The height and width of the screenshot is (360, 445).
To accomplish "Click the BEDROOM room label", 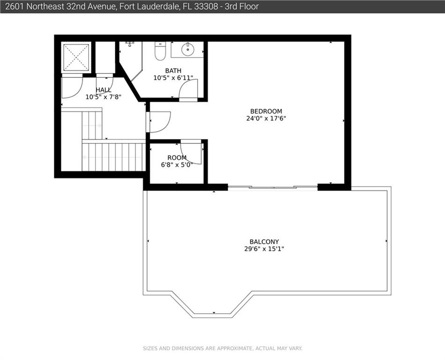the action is coord(266,111).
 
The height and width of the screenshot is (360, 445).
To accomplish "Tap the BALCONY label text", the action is coord(264,242).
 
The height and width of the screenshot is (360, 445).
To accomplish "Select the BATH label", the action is coord(173,71).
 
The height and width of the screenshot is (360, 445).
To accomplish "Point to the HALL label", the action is coord(104,90).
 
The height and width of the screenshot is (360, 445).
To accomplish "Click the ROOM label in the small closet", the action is coord(177,157).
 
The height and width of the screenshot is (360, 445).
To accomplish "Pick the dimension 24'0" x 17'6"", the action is coord(266,119).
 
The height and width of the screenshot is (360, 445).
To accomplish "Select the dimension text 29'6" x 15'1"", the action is coord(264,249).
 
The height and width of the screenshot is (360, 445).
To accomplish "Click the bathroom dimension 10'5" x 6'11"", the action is coord(173,78).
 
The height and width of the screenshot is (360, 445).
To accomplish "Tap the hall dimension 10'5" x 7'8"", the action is coord(104,97).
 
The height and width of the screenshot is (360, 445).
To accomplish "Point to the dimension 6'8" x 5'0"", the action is coord(177,165).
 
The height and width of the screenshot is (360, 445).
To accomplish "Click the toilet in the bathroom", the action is coord(160,51).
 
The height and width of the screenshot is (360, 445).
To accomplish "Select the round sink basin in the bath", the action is coord(187,49).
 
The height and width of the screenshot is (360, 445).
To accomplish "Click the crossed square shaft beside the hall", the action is coord(76,57).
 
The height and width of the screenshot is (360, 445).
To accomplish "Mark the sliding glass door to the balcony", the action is coord(273,187).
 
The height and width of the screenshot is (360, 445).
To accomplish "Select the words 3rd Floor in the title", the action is coord(242,7).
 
